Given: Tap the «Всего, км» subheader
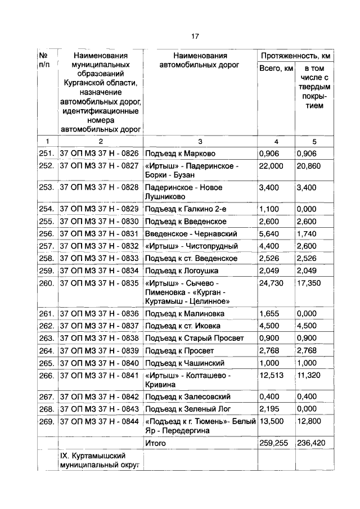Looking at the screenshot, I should pos(276,68).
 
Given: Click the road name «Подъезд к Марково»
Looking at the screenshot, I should pos(180,154).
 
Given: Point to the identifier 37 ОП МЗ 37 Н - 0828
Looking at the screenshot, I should pos(99,187).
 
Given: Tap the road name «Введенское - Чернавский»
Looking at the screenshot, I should pos(191,233).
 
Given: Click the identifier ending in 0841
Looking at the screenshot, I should pos(99,375).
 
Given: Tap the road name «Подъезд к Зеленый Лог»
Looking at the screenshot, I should pos(187,409).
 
